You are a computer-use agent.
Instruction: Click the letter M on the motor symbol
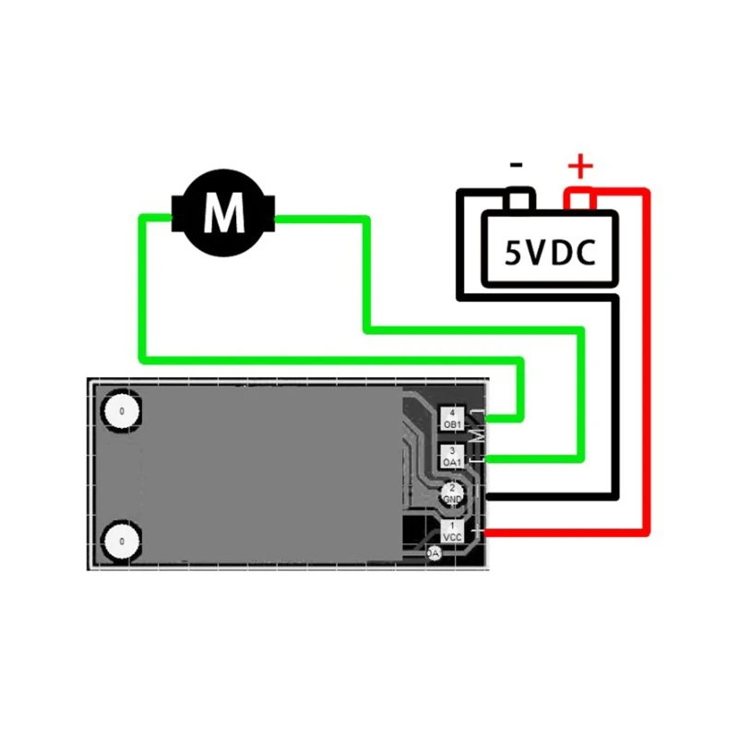coord(224,213)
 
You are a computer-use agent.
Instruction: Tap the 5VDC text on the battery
coord(548,251)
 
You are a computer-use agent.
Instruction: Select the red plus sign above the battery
coord(580,167)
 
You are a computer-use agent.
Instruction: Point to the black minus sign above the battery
coord(517,166)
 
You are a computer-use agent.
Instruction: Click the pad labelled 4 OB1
coord(452,418)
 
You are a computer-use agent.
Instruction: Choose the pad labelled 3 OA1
coord(452,455)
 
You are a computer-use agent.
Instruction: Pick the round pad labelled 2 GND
coord(452,493)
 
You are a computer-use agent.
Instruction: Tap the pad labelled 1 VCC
coord(452,530)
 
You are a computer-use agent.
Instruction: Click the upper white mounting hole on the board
coord(121,411)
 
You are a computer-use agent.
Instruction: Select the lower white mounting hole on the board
coord(121,542)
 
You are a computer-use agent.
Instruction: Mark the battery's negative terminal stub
coord(519,199)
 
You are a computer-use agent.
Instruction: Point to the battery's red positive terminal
coord(579,199)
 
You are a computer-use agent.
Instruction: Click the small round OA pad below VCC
coord(434,553)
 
